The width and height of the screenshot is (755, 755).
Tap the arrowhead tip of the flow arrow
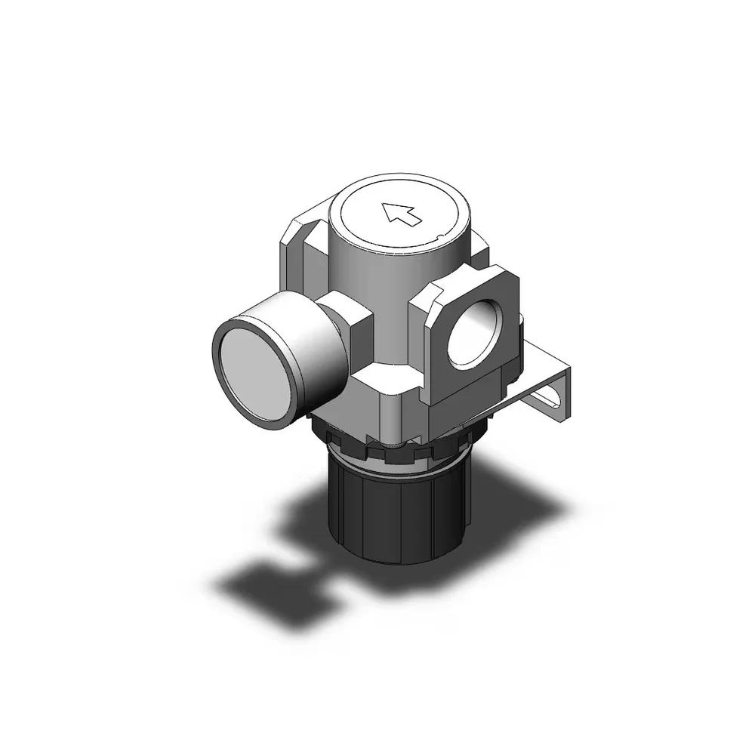click(x=386, y=207)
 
